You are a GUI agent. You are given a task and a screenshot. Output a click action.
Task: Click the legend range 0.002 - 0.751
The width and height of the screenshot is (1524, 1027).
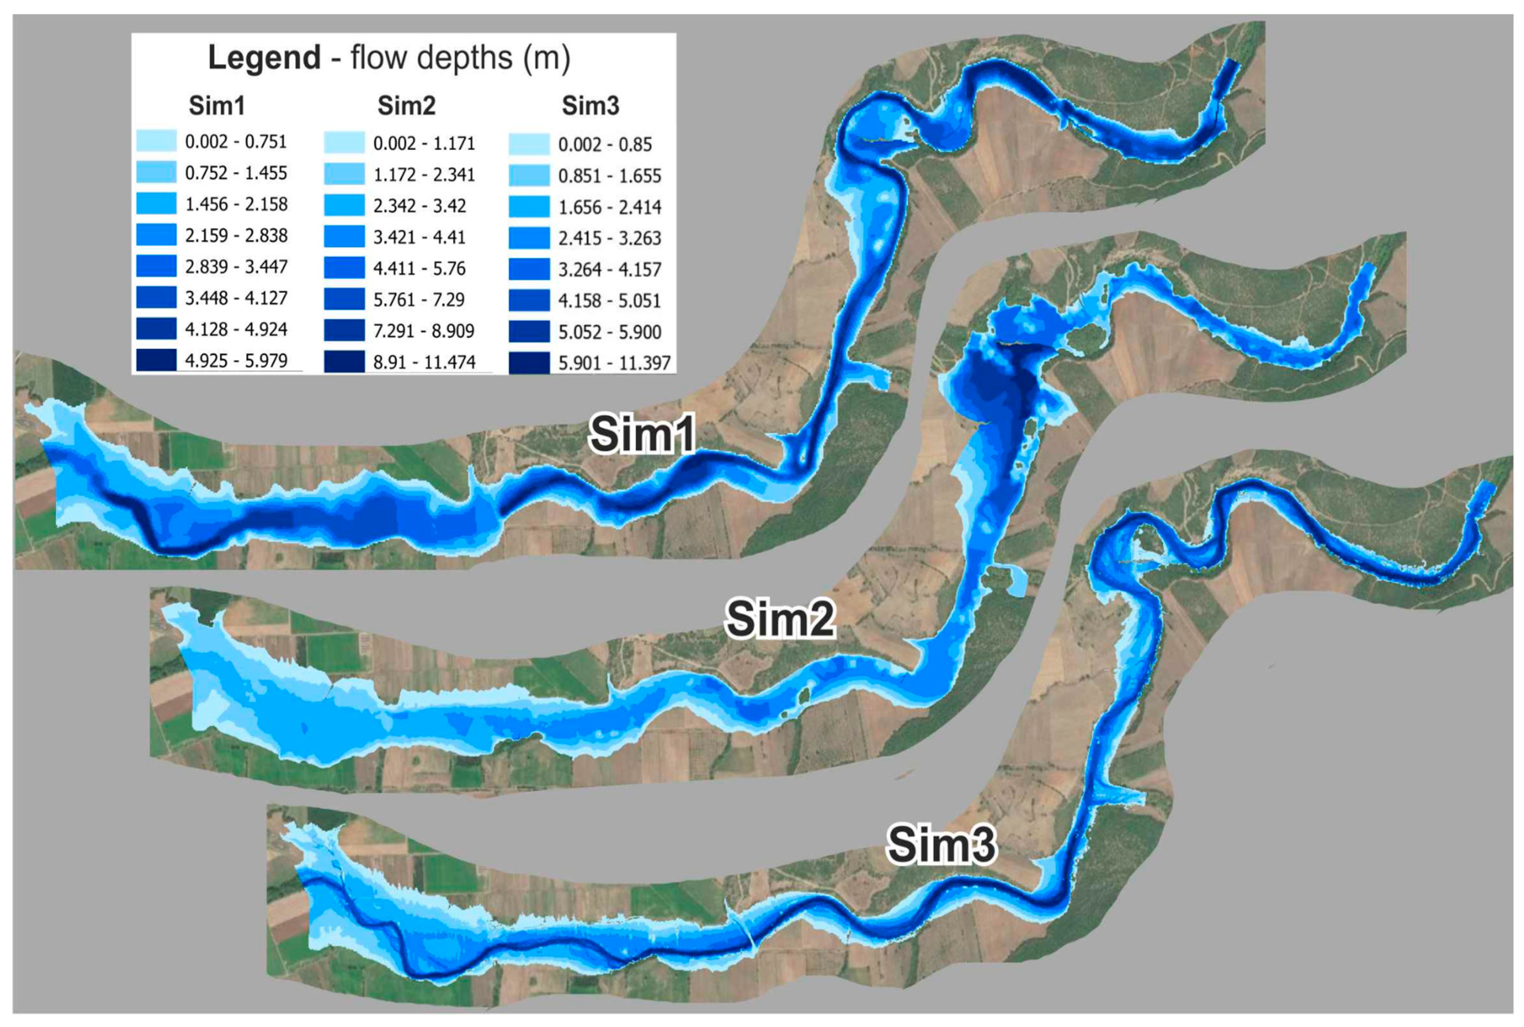click(236, 142)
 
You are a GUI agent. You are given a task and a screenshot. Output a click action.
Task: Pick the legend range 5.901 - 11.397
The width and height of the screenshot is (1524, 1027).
click(614, 363)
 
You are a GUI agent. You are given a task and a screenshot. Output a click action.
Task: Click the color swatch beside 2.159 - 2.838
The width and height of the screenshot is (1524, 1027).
click(156, 234)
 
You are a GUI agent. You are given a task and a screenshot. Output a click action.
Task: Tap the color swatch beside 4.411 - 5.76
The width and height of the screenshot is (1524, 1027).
click(344, 268)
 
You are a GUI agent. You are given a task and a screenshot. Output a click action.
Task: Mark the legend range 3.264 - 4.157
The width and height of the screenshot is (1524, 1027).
click(609, 269)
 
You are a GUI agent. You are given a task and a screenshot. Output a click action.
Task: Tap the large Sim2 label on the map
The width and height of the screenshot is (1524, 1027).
click(779, 618)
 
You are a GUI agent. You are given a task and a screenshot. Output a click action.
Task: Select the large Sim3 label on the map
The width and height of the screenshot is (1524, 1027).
click(941, 844)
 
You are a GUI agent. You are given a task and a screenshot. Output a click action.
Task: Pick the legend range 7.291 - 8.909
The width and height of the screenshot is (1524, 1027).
click(424, 331)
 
